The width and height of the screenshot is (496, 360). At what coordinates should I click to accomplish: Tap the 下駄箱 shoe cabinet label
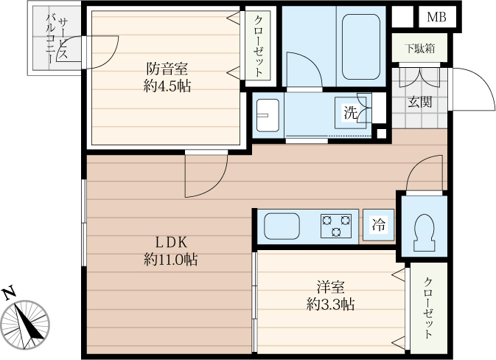418,49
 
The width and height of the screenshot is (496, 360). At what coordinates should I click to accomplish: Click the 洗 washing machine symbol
351,113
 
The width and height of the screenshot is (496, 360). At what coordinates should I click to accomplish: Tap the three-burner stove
336,226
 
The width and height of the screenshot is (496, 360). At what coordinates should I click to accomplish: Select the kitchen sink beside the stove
282,226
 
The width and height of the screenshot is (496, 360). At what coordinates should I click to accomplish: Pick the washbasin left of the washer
267,114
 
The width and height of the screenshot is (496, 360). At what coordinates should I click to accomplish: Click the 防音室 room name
167,68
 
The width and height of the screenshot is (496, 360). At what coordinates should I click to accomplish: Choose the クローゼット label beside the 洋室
429,309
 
